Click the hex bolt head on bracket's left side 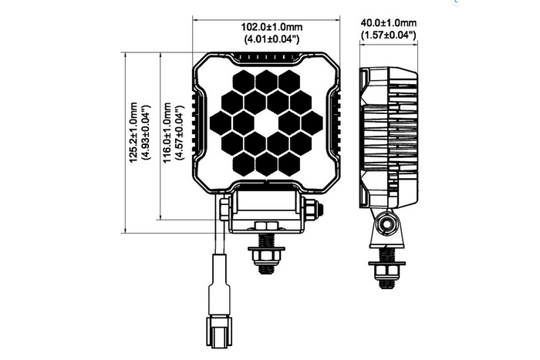(224, 207)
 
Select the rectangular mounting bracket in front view (268, 207)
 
